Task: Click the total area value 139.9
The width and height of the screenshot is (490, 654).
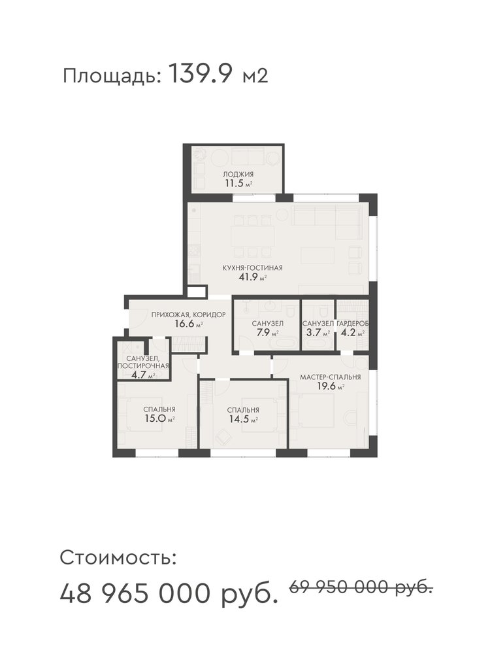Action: click(200, 75)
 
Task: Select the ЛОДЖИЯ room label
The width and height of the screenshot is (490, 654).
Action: click(238, 175)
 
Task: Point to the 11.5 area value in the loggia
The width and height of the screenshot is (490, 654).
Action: click(235, 184)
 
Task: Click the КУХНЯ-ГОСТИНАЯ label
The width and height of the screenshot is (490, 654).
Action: click(252, 267)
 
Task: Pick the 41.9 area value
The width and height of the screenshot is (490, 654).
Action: click(248, 277)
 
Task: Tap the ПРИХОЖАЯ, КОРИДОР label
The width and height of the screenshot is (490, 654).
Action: click(188, 315)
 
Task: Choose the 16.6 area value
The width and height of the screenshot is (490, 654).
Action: click(185, 324)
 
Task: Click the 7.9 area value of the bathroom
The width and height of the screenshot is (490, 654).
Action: click(263, 333)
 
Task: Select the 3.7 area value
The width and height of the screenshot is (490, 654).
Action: click(313, 333)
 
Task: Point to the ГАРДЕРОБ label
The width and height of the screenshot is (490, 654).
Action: click(353, 323)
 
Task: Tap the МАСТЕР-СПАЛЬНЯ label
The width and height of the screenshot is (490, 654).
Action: click(331, 377)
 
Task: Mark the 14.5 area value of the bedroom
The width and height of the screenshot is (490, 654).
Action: click(238, 419)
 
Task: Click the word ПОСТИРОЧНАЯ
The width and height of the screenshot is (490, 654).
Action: click(143, 366)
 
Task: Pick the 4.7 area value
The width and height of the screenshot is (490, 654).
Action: click(138, 375)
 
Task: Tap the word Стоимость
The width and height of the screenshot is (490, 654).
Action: click(118, 558)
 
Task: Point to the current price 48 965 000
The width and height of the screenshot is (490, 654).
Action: click(135, 594)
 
